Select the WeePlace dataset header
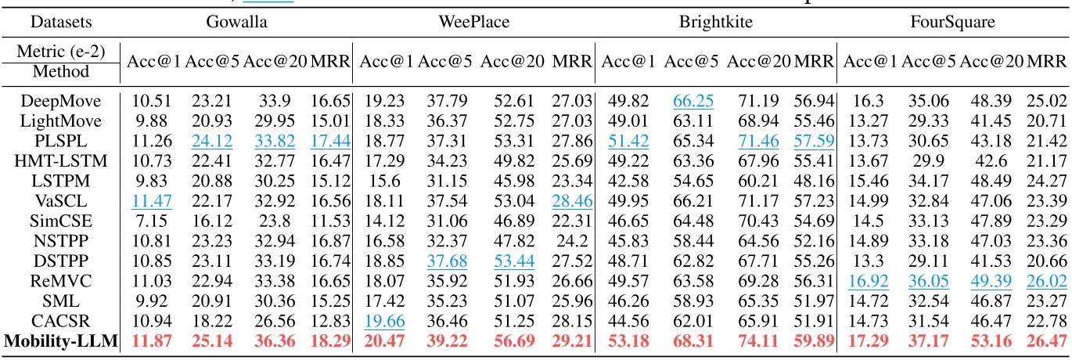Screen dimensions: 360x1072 [x=473, y=22]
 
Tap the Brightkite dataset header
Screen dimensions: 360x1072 [x=716, y=22]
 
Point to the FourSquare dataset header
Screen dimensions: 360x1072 [x=952, y=22]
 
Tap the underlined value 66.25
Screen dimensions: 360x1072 [x=692, y=100]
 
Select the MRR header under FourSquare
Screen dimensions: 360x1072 [x=1047, y=61]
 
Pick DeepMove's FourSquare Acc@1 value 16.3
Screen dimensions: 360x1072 [x=865, y=100]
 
